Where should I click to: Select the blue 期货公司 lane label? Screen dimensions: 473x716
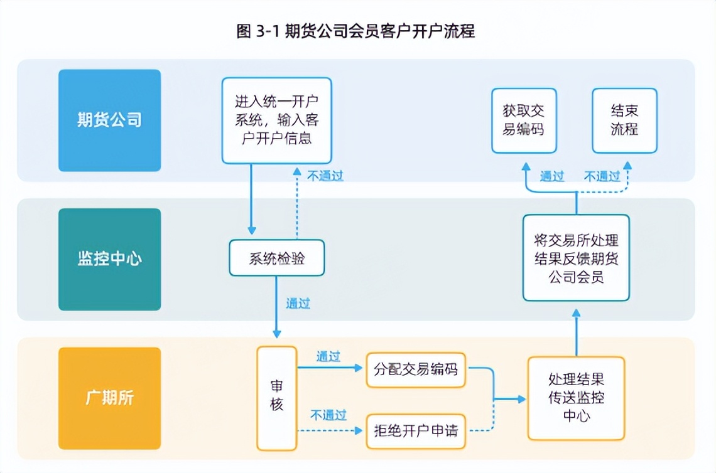point(109,120)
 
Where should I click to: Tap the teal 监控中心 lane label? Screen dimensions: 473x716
point(109,259)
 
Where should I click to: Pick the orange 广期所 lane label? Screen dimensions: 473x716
point(109,398)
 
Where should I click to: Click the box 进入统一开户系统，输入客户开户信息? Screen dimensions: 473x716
point(276,120)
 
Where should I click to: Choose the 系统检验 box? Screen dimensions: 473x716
point(276,258)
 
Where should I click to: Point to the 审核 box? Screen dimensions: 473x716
point(276,398)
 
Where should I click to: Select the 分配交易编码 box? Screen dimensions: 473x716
point(416,369)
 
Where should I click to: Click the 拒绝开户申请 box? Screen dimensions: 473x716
point(416,432)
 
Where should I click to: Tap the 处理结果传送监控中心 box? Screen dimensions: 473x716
point(576,398)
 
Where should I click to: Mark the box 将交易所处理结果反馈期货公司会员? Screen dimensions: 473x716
point(576,258)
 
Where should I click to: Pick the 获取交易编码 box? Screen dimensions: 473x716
point(524,120)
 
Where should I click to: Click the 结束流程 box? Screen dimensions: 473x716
point(624,120)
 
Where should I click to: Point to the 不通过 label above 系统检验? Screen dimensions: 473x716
point(325,176)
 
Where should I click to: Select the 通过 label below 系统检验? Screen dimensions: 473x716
point(298,304)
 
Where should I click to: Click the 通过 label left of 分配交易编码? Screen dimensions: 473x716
point(328,356)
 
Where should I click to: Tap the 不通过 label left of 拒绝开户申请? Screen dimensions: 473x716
point(328,415)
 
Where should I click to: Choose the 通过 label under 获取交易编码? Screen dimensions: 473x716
point(552,176)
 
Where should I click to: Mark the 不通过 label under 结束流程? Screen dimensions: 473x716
point(602,176)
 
